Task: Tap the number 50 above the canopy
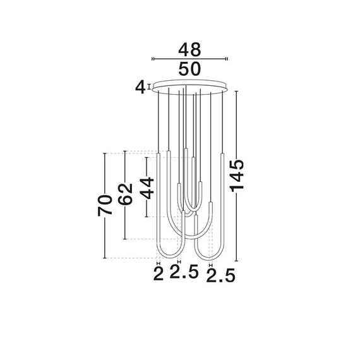click(x=189, y=69)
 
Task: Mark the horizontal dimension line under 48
click(x=189, y=59)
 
